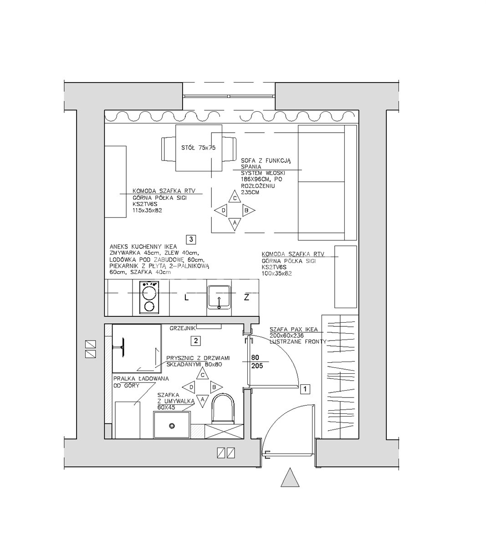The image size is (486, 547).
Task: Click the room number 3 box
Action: [x=191, y=239]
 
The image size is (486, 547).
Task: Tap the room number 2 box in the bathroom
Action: [x=196, y=341]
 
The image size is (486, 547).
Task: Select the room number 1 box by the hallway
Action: [x=305, y=389]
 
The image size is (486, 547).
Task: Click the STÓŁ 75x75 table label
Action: [x=198, y=148]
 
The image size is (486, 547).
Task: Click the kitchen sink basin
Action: [x=219, y=297]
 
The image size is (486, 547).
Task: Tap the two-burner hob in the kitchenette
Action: [x=149, y=297]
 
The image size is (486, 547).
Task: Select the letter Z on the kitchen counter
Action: [x=246, y=297]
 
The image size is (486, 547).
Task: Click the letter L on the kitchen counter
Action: [x=186, y=298]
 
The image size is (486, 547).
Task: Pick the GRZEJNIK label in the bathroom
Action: [x=182, y=328]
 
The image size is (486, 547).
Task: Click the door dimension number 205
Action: [x=257, y=366]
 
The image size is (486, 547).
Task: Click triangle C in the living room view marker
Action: [x=235, y=196]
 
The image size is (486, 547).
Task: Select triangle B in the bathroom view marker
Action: [x=216, y=387]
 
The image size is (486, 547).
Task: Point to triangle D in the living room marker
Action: [x=221, y=210]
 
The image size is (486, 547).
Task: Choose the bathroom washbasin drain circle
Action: [x=172, y=426]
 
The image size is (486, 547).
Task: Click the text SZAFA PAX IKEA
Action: [x=294, y=330]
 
